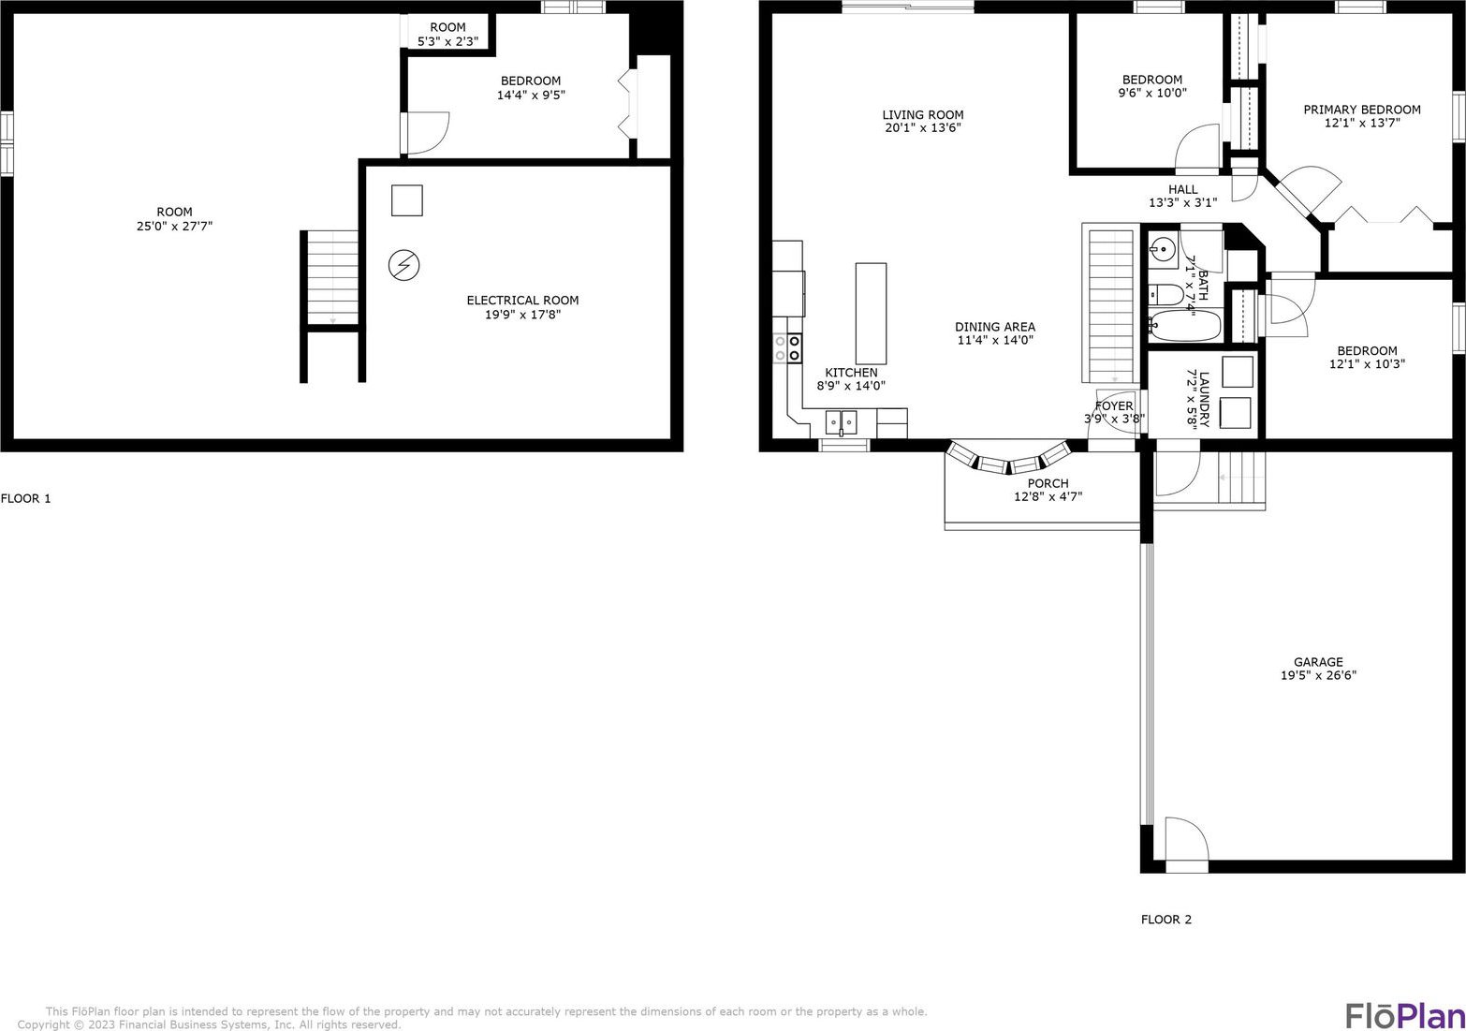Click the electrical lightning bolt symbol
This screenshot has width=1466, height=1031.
tap(403, 266)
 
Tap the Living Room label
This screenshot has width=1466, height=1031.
tap(923, 114)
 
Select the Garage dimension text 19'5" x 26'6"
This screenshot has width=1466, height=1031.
tap(1318, 675)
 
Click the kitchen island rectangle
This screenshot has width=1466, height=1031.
tap(872, 314)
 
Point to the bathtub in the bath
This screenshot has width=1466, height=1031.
tap(1185, 325)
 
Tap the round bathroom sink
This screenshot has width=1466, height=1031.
tap(1163, 249)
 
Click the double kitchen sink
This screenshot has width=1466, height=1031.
tap(841, 422)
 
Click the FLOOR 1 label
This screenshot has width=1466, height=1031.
tap(25, 499)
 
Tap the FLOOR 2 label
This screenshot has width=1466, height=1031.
tap(1166, 920)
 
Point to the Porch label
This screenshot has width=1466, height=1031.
tap(1048, 484)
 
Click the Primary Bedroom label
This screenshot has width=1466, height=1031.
tap(1362, 110)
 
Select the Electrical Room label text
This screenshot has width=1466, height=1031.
tap(522, 301)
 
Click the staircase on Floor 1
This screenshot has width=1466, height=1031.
tap(332, 277)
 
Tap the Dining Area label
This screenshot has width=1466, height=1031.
tap(995, 327)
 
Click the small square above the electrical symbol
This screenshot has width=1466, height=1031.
tap(407, 200)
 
